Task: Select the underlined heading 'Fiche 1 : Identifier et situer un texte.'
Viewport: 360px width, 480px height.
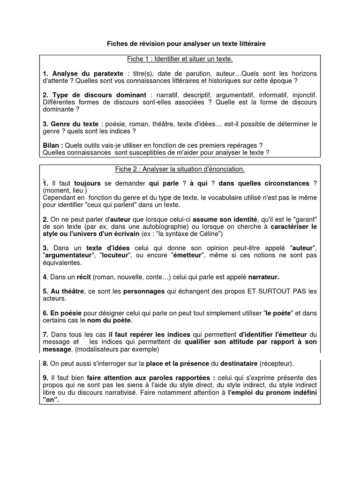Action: click(x=180, y=59)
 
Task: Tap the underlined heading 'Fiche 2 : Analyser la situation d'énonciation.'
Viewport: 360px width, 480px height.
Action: click(x=180, y=169)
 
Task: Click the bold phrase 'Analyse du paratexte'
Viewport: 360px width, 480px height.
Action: click(x=88, y=74)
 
